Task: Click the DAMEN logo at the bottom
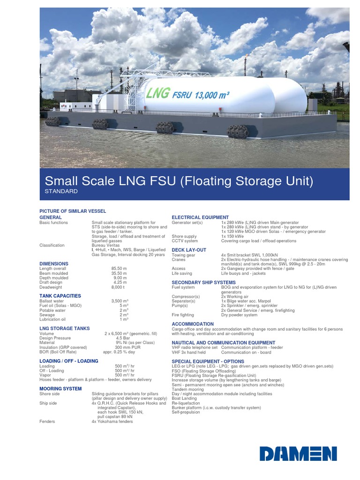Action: coord(298,453)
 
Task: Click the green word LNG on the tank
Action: coord(157,93)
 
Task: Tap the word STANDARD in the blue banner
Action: coord(61,192)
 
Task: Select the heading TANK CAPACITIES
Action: coord(60,296)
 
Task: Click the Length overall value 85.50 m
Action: coord(119,269)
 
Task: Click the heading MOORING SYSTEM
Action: coord(60,389)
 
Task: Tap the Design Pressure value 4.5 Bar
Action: coord(123,338)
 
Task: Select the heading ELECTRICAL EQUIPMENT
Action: coord(200,217)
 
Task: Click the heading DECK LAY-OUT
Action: coord(189,250)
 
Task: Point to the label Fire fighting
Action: coord(183,315)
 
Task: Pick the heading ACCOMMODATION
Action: coord(193,324)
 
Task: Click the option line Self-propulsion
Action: coord(186,412)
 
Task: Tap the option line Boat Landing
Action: coord(185,398)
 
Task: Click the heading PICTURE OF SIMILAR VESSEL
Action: coord(73,211)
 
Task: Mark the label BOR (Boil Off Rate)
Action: coord(58,352)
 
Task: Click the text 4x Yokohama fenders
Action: coord(112,421)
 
